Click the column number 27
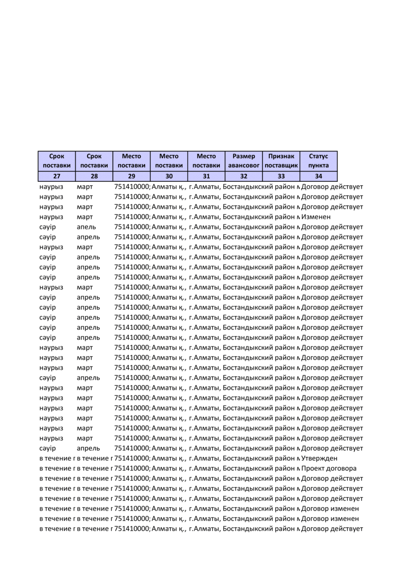57,176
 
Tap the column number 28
94,176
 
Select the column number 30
169,176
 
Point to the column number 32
244,176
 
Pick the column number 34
318,176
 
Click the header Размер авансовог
244,161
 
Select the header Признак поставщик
281,161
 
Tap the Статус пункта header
318,161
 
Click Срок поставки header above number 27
57,161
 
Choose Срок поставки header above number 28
94,161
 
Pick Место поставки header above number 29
132,161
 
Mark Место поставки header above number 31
206,161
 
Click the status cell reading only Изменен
316,217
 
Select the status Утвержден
319,458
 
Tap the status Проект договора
329,468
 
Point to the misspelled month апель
86,227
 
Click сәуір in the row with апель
48,227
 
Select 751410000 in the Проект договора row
132,468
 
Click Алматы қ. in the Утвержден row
169,458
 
